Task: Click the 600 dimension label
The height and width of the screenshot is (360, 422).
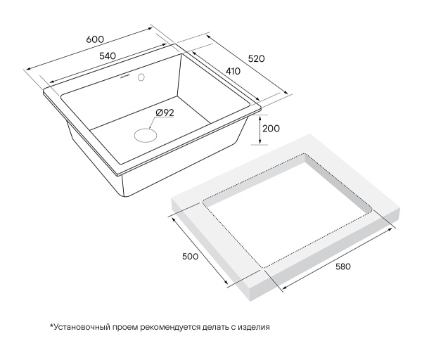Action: click(x=95, y=39)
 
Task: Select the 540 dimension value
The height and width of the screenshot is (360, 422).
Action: click(x=108, y=56)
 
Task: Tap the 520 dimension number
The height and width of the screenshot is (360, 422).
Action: click(x=256, y=58)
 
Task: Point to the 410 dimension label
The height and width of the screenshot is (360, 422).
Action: click(x=233, y=71)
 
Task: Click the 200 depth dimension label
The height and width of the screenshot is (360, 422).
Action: click(x=271, y=129)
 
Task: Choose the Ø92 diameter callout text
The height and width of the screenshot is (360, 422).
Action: click(x=165, y=112)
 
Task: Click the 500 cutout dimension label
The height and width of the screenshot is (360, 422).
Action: click(x=191, y=257)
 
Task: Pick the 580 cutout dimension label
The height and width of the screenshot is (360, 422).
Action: click(x=343, y=266)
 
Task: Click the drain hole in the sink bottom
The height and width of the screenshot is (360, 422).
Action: click(x=146, y=135)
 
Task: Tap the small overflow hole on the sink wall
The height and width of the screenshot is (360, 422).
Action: click(x=141, y=77)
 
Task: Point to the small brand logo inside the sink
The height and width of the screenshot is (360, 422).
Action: click(x=124, y=77)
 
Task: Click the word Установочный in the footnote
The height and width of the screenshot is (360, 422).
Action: click(x=80, y=327)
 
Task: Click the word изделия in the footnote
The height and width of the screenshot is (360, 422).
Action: click(x=254, y=328)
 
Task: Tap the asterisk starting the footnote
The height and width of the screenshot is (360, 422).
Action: click(x=51, y=326)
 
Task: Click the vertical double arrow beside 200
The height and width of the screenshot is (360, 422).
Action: click(x=260, y=129)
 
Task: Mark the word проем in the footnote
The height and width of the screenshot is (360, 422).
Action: click(x=124, y=328)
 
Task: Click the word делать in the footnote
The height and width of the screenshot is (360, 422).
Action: click(x=216, y=328)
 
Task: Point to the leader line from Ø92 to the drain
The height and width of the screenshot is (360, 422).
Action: click(x=152, y=122)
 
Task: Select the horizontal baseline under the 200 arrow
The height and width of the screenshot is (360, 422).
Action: click(x=259, y=145)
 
